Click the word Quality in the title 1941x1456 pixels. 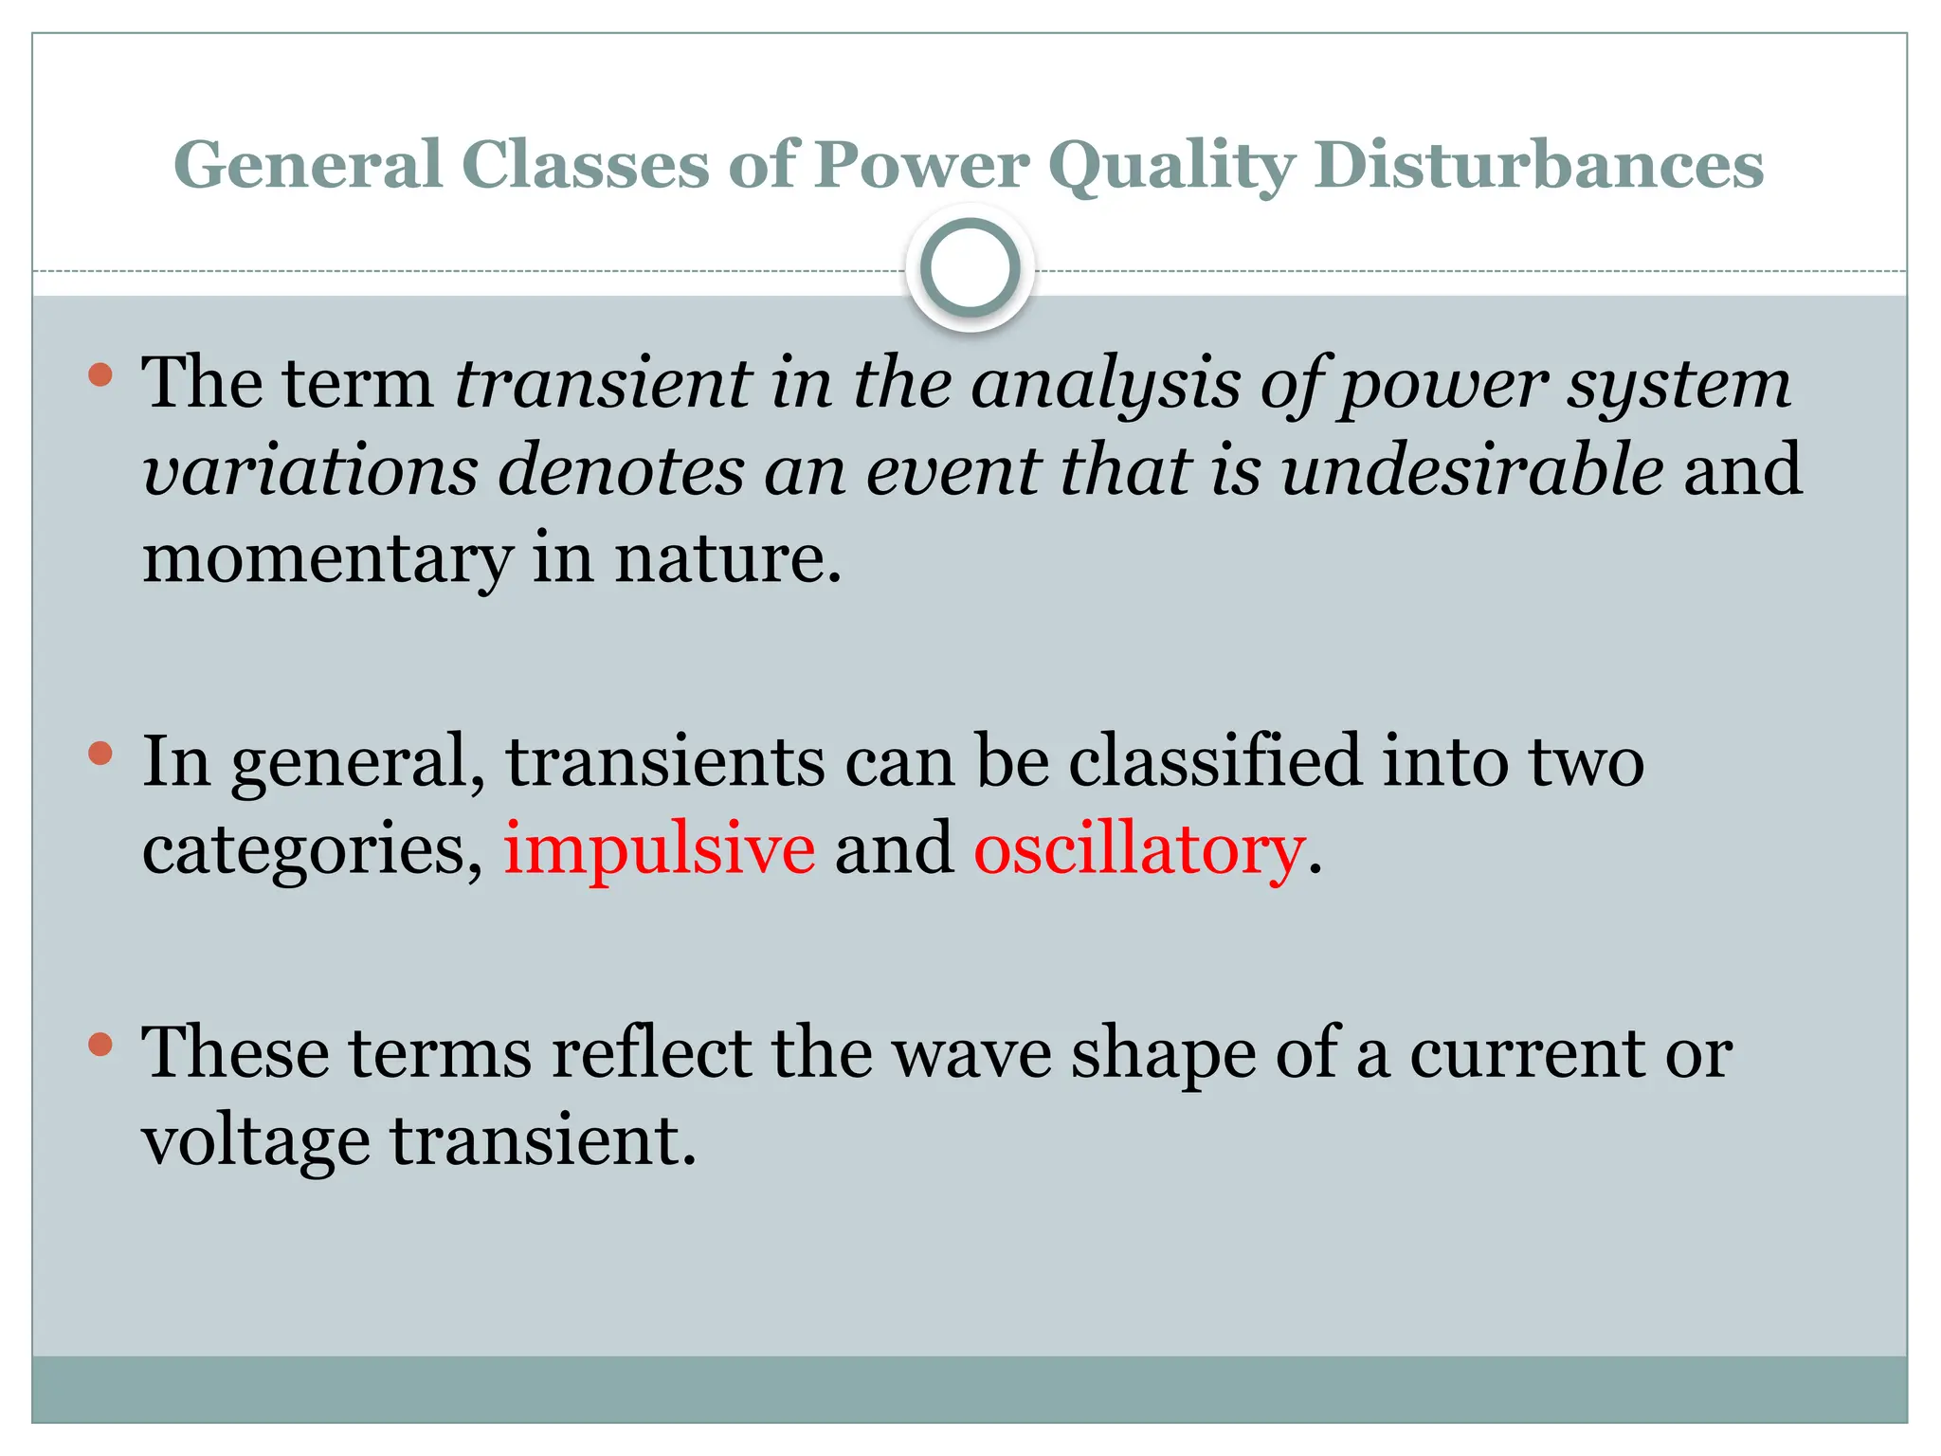coord(1171,166)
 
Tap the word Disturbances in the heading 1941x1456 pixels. coord(1539,166)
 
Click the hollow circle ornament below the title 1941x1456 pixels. coord(970,267)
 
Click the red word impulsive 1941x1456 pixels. coord(659,848)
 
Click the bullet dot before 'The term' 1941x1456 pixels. coord(100,375)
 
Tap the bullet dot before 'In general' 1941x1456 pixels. coord(100,755)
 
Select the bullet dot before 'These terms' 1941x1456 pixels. coord(100,1046)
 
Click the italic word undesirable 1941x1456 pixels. coord(1472,470)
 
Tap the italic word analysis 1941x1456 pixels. coord(1105,384)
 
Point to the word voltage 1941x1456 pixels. coord(256,1141)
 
